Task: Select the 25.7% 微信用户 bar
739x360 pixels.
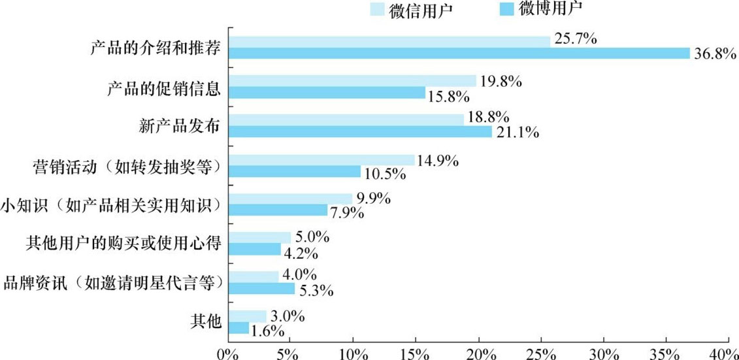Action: coord(389,41)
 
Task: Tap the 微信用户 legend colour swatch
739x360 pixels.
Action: coord(379,9)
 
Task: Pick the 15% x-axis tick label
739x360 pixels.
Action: coord(416,353)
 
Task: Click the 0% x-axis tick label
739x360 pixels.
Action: coord(228,353)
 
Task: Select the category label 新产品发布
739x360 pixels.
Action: coord(179,127)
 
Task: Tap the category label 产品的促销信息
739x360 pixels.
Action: coord(163,88)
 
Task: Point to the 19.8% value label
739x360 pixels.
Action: coord(500,82)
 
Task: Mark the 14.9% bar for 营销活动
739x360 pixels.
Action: coord(321,159)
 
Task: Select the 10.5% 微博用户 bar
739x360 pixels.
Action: coord(294,171)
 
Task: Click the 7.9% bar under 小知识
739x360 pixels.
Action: coord(278,210)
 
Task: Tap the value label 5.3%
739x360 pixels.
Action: coord(314,290)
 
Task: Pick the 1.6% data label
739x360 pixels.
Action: coord(267,330)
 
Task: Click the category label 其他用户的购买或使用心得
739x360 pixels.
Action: coord(122,244)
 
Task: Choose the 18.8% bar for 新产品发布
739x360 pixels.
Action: coord(346,120)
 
